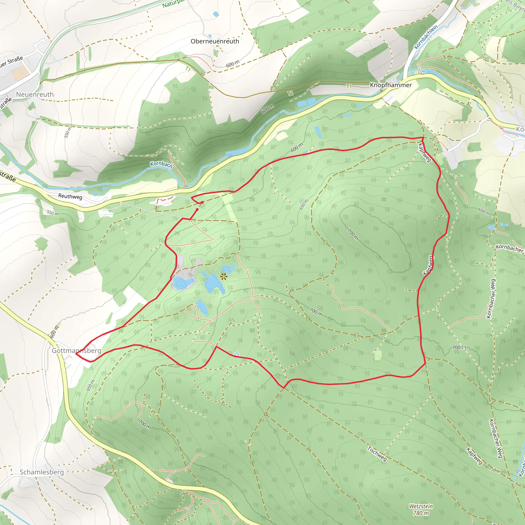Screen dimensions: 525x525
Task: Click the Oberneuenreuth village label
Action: click(x=215, y=41)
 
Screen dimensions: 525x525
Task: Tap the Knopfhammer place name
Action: click(x=390, y=85)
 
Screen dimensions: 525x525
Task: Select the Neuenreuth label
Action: click(x=35, y=94)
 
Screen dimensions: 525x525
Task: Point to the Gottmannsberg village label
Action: click(x=76, y=350)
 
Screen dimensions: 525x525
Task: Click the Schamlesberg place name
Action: click(x=42, y=472)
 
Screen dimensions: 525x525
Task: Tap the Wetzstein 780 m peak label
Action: click(x=421, y=510)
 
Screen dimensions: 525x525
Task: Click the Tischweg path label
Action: click(x=377, y=453)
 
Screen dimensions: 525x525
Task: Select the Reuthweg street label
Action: click(x=70, y=196)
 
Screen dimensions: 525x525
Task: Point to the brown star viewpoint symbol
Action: click(x=224, y=277)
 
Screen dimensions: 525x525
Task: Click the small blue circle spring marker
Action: click(x=237, y=354)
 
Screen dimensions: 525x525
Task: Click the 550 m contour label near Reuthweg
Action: click(x=53, y=213)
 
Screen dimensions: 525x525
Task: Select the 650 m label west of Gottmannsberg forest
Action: click(x=90, y=385)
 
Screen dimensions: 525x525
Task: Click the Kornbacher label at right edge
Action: click(x=509, y=248)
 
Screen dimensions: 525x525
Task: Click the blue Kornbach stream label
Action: click(x=161, y=164)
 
